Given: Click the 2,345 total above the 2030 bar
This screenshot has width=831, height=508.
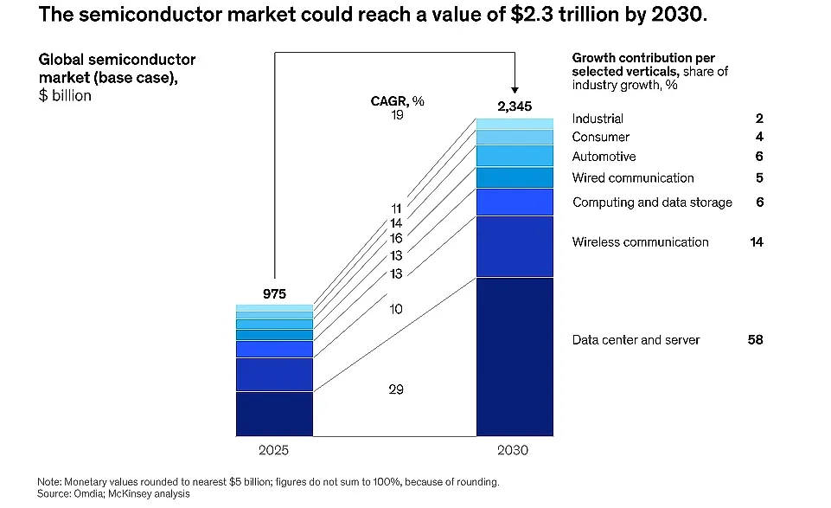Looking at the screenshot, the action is pyautogui.click(x=514, y=106).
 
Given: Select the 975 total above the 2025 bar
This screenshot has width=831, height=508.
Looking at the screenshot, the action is pyautogui.click(x=274, y=293).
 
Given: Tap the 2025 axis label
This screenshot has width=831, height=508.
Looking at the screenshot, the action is pyautogui.click(x=273, y=450).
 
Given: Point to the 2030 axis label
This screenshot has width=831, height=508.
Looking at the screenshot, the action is pyautogui.click(x=513, y=450).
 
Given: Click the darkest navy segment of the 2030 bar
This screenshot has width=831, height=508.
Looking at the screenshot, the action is pyautogui.click(x=515, y=357).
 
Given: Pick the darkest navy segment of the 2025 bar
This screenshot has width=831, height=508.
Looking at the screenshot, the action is pyautogui.click(x=274, y=415).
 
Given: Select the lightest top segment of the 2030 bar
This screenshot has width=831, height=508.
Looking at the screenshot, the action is pyautogui.click(x=515, y=124).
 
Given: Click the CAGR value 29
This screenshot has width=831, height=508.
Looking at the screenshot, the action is pyautogui.click(x=396, y=389).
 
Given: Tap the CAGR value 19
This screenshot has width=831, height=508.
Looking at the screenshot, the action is pyautogui.click(x=397, y=115).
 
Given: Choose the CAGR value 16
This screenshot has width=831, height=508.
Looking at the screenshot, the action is pyautogui.click(x=396, y=239).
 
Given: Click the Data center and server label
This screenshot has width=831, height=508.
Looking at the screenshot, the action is pyautogui.click(x=636, y=340).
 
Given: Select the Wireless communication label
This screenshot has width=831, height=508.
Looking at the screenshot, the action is pyautogui.click(x=640, y=242).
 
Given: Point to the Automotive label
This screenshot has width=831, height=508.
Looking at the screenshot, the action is pyautogui.click(x=604, y=157).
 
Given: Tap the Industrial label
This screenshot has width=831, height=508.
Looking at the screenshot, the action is pyautogui.click(x=598, y=119).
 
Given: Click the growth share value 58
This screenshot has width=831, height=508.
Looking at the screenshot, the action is pyautogui.click(x=755, y=340).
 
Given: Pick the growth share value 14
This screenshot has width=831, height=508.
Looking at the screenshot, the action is pyautogui.click(x=757, y=242).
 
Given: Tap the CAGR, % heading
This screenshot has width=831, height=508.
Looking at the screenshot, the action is pyautogui.click(x=398, y=100).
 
